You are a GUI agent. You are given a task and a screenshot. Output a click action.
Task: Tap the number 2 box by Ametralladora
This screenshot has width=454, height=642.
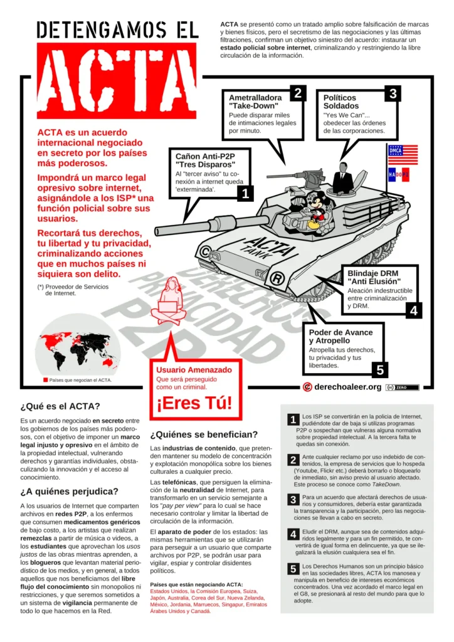pos(298,93)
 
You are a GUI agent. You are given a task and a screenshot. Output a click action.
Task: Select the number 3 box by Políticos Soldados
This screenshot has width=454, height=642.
pos(393,93)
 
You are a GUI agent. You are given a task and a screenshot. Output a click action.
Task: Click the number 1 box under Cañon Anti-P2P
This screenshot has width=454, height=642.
pos(245,194)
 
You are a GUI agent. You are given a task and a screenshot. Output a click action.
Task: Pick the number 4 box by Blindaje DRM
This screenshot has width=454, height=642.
pos(413,310)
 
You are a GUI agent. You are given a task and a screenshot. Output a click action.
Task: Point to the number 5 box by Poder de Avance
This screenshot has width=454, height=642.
pos(380,370)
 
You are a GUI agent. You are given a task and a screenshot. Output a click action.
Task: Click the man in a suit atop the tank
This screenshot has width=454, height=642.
pos(342,178)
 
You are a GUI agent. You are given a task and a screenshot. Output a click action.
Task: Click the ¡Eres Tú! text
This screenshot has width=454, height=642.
pos(194,403)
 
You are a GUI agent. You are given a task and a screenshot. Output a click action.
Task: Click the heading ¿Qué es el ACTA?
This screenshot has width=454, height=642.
pos(60,406)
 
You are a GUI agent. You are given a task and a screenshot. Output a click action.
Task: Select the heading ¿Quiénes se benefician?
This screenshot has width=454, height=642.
pos(204,434)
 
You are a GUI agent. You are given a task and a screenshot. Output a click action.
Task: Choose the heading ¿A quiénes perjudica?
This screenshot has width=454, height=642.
pos(69,491)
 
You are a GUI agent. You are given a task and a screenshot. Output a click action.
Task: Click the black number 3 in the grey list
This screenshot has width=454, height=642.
pos(293,500)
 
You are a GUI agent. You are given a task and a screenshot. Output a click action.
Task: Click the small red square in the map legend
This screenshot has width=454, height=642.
pos(45,380)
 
